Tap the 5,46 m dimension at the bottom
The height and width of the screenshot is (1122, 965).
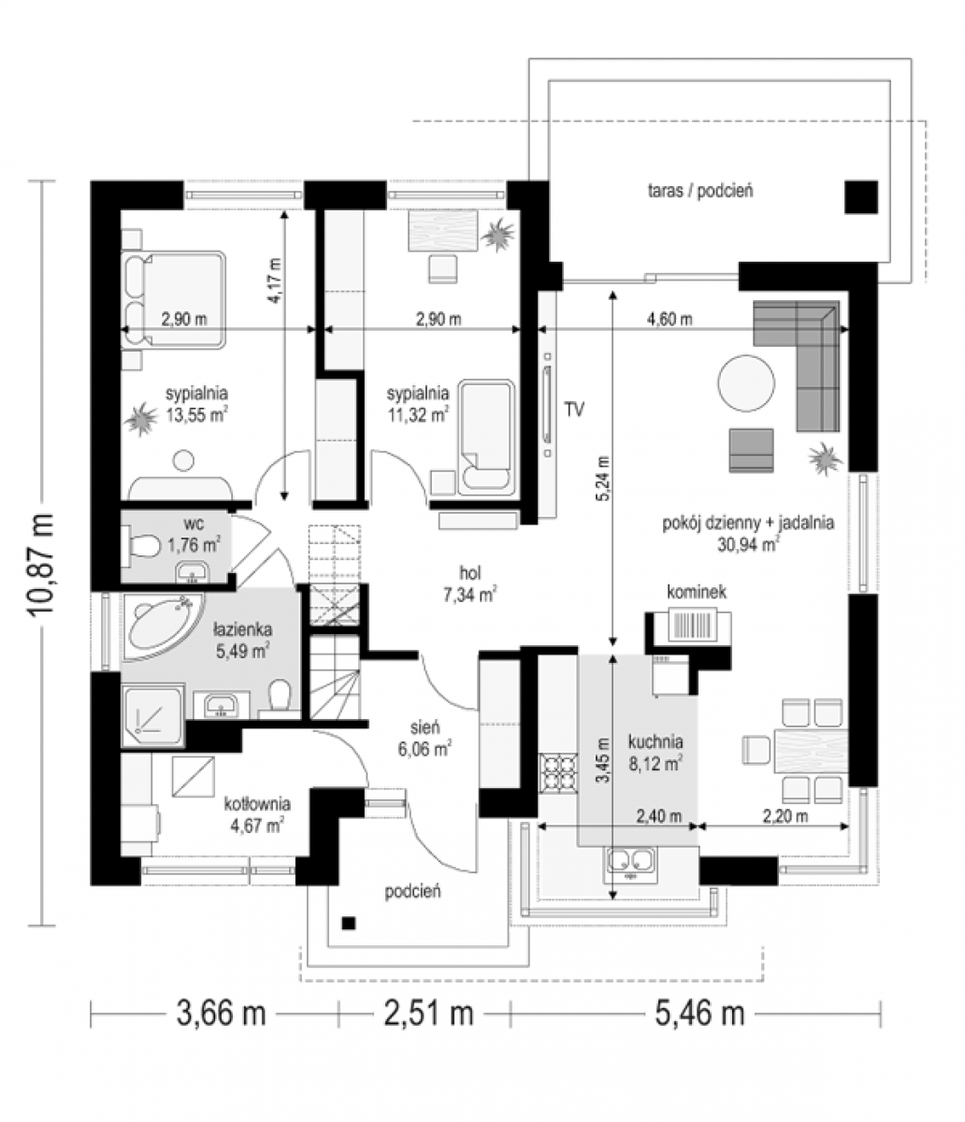(699, 1013)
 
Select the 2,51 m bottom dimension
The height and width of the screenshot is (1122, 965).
(429, 1013)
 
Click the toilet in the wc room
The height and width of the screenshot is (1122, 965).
(143, 544)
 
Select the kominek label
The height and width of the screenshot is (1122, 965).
(697, 592)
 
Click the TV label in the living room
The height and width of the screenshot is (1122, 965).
(574, 410)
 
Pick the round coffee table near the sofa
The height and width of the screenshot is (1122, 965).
(746, 383)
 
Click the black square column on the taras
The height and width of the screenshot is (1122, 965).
(861, 197)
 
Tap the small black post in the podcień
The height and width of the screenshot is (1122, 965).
(349, 922)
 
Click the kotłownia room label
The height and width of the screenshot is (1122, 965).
(257, 803)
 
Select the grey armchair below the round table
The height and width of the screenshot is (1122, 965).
(751, 450)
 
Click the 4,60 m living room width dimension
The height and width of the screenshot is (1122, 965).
(670, 319)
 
